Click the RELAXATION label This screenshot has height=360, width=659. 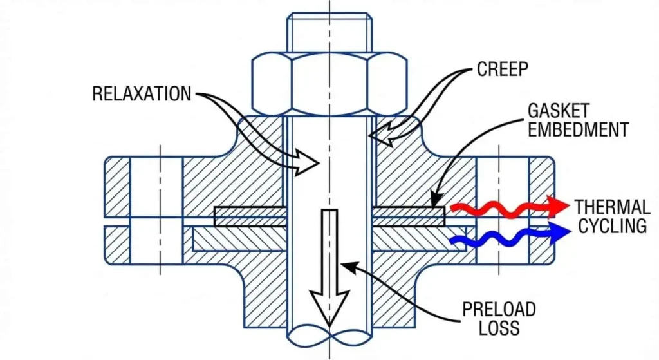(142, 94)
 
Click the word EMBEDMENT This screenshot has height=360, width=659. (578, 129)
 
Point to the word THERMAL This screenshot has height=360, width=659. (612, 207)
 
